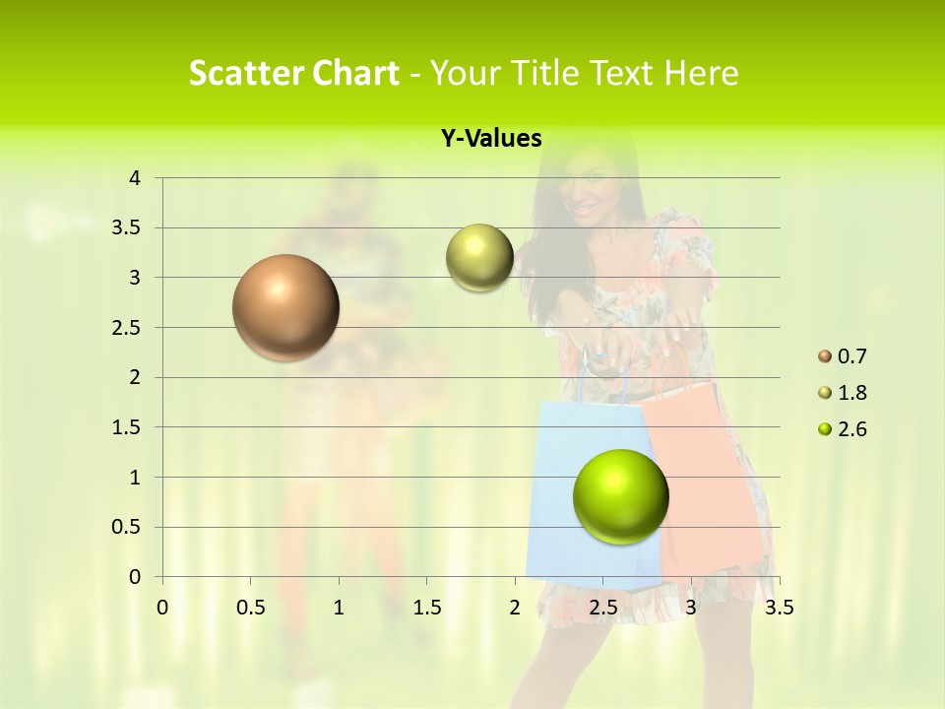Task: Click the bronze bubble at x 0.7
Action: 285,307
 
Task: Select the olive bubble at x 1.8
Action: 479,258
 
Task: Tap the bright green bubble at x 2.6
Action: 620,496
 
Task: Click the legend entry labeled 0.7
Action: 851,356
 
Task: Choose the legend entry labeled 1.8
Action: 851,393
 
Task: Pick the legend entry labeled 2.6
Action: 851,429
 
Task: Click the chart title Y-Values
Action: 491,139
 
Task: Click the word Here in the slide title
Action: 700,73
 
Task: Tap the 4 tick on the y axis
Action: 135,178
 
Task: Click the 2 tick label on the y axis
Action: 135,377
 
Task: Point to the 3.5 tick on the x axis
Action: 779,608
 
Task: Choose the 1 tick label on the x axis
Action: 339,608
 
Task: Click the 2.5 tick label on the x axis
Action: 602,608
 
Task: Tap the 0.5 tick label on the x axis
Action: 250,608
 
